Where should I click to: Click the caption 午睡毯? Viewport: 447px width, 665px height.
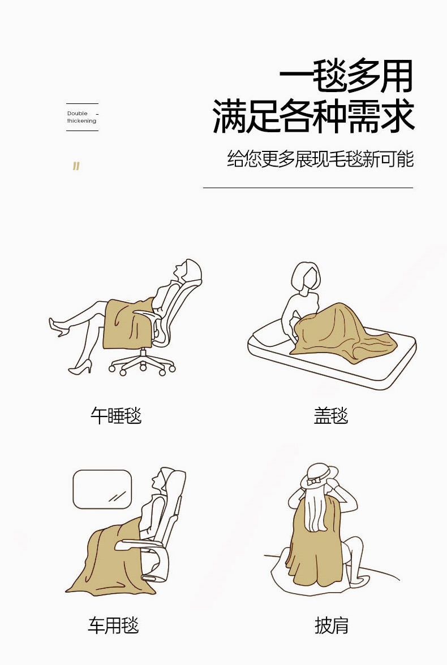[x=116, y=416]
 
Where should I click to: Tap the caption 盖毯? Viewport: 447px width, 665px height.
[x=331, y=416]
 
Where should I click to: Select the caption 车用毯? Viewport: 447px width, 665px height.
[x=114, y=625]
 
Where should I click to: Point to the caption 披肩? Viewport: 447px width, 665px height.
[x=332, y=625]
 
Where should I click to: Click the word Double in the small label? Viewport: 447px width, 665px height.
[x=78, y=113]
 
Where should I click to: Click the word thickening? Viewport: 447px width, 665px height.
[x=81, y=121]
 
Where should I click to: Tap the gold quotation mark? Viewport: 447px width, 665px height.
[x=76, y=166]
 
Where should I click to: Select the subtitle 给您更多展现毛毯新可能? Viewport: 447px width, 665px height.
[x=320, y=159]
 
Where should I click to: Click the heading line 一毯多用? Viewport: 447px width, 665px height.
[x=346, y=76]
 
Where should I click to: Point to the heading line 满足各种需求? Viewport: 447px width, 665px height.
[x=313, y=115]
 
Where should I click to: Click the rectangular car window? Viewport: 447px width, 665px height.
[x=102, y=489]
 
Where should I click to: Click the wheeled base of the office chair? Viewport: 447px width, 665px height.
[x=143, y=363]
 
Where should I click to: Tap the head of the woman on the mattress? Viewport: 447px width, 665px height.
[x=306, y=278]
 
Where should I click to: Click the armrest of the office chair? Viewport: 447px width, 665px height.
[x=147, y=314]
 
